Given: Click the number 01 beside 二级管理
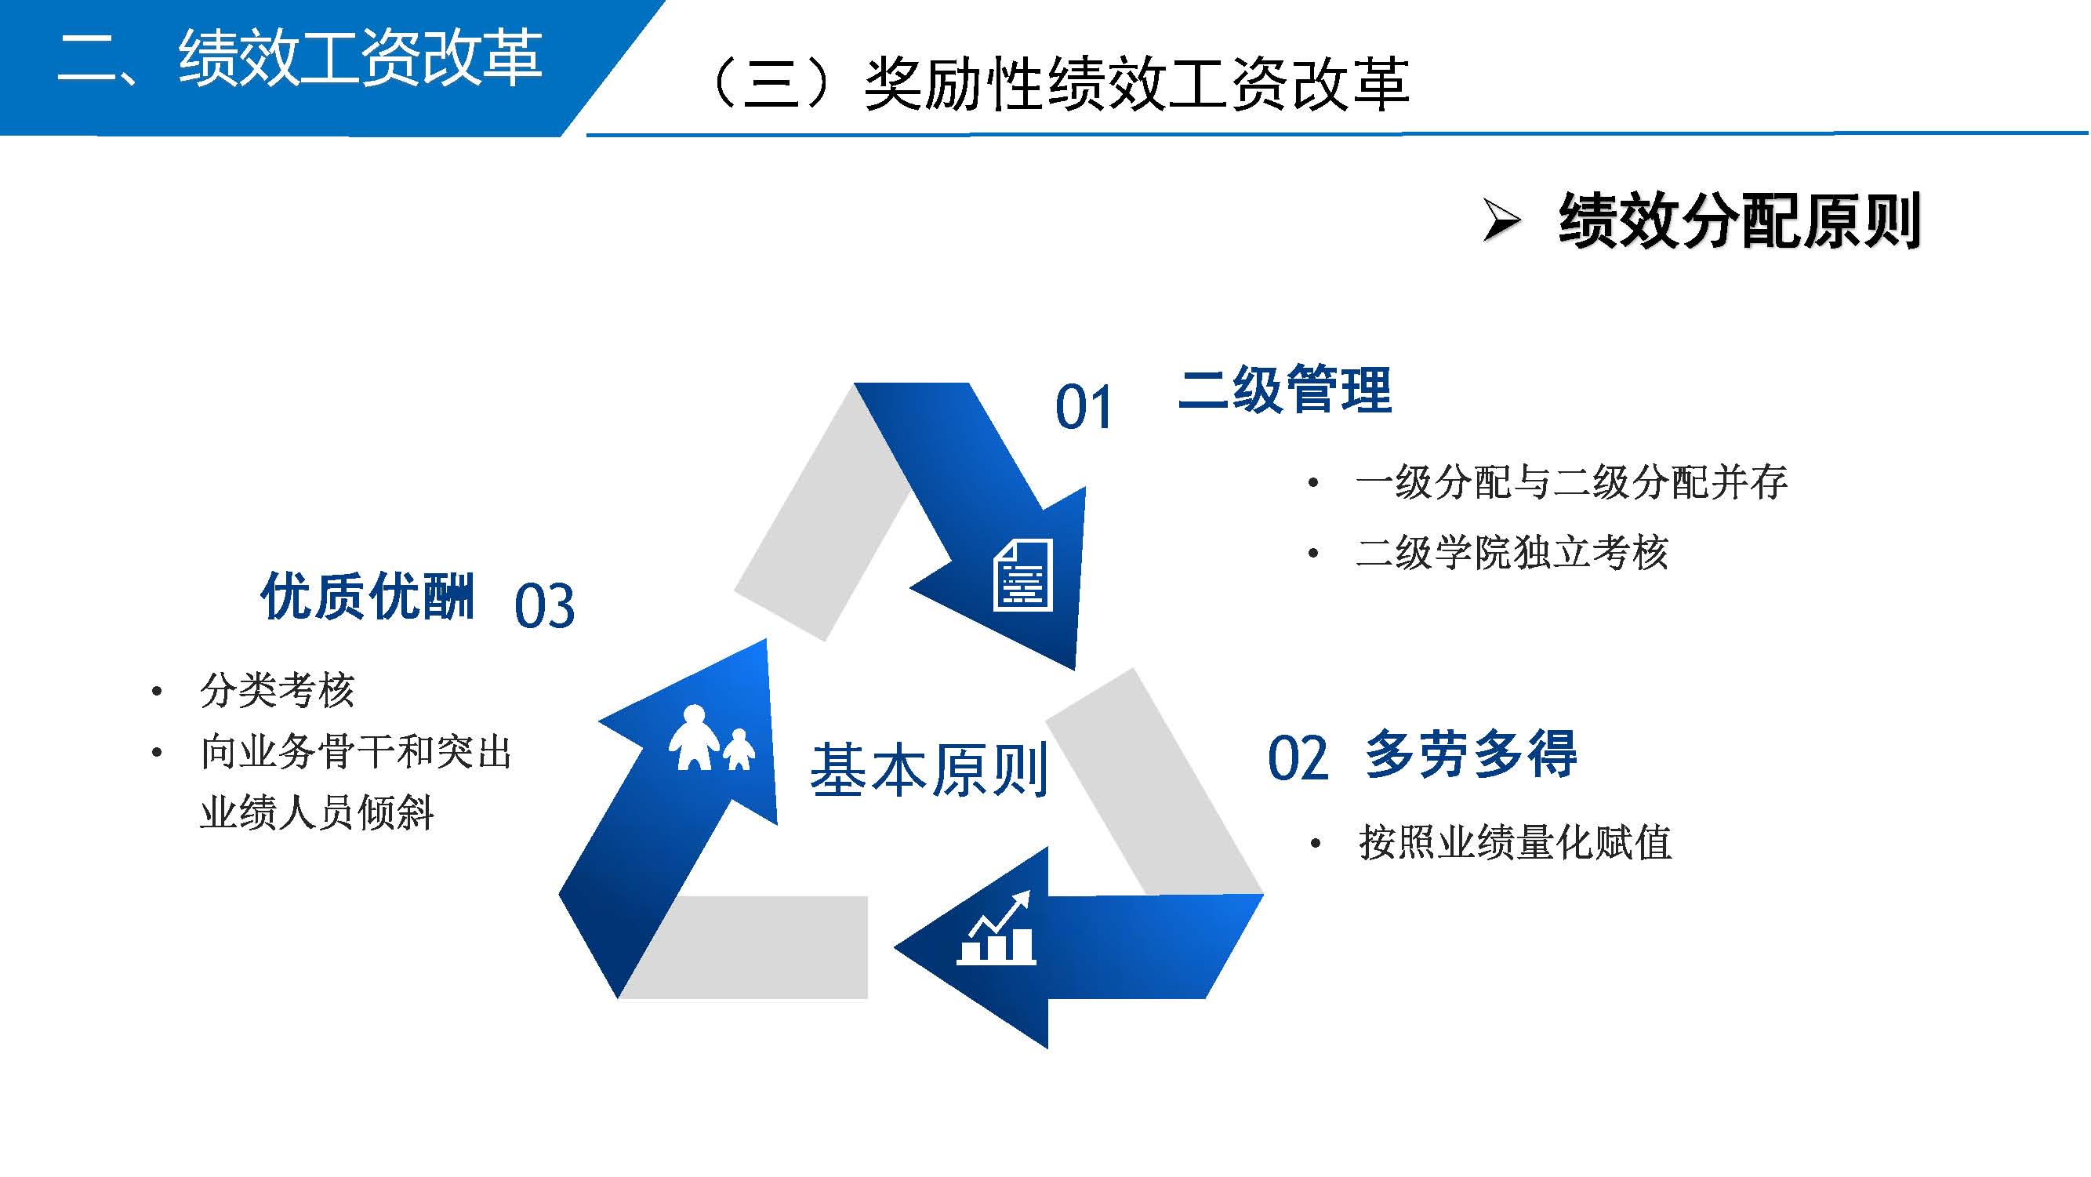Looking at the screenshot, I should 1083,408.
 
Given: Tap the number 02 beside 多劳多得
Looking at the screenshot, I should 1297,759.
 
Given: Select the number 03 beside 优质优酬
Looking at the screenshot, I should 545,606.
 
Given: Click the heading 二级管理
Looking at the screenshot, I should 1285,391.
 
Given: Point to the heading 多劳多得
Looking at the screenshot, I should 1471,754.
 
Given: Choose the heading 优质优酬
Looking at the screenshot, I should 367,597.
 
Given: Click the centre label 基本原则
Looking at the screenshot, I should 928,769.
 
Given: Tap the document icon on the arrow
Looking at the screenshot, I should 1023,576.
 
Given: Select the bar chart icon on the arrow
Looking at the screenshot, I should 996,929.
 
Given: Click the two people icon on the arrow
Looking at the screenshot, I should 711,738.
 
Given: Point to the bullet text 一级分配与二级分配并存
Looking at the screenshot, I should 1571,483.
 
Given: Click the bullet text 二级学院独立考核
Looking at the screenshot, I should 1512,554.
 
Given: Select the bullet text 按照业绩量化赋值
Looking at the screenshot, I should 1515,843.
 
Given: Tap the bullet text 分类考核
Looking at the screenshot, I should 278,691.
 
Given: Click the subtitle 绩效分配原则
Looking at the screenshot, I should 1739,220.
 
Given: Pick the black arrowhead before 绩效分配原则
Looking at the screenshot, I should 1501,220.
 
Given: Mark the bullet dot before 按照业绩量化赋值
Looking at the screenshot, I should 1316,845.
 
